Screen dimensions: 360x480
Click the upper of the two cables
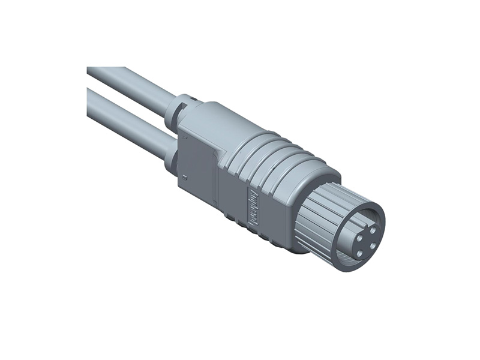132,85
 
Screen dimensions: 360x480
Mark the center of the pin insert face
361,236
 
